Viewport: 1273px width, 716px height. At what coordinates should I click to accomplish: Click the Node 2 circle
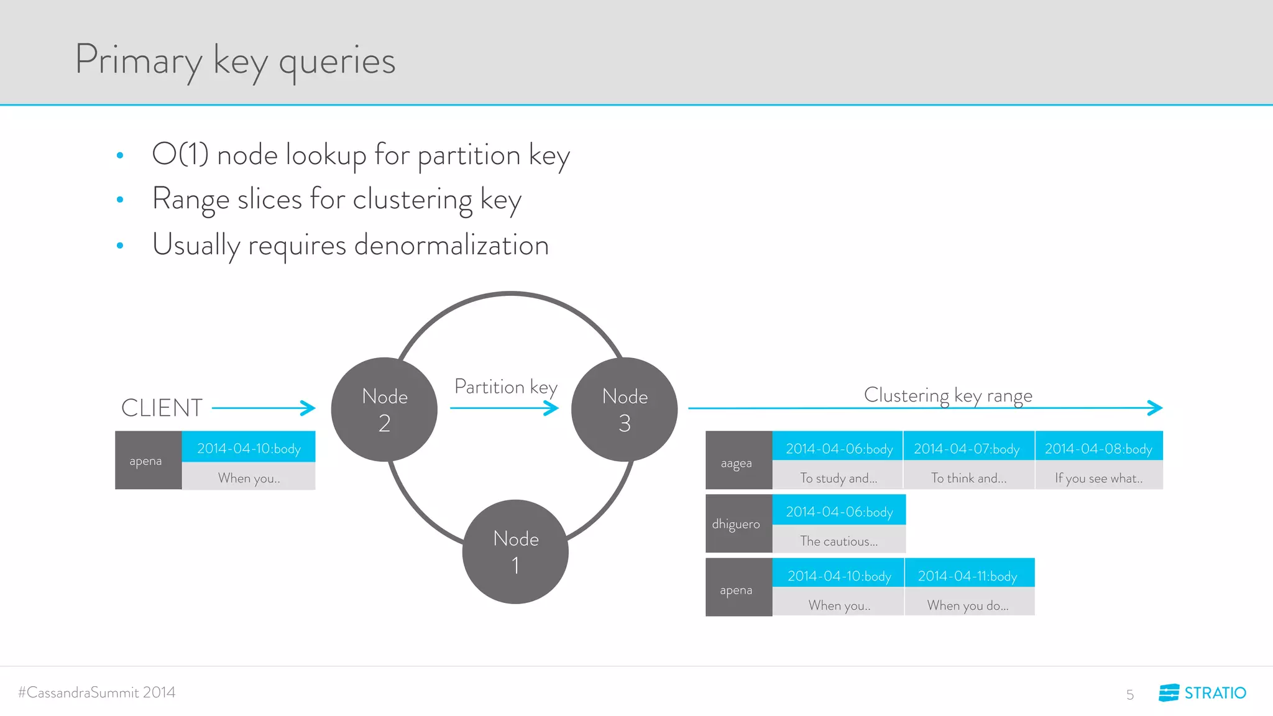pyautogui.click(x=384, y=410)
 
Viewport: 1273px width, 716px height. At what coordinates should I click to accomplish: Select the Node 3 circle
pyautogui.click(x=624, y=410)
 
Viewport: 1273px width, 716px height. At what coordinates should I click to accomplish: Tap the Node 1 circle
pyautogui.click(x=515, y=552)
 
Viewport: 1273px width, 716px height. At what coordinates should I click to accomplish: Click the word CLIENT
pyautogui.click(x=162, y=408)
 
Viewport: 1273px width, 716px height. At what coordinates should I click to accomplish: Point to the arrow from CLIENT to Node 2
pyautogui.click(x=264, y=408)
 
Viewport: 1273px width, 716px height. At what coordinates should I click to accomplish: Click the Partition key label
pyautogui.click(x=505, y=387)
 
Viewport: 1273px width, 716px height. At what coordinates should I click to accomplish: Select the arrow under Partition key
pyautogui.click(x=504, y=408)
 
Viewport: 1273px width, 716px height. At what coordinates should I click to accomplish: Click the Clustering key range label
pyautogui.click(x=948, y=395)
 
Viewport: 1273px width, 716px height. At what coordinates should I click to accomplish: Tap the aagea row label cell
pyautogui.click(x=738, y=461)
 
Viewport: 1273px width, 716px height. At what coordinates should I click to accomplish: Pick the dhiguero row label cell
pyautogui.click(x=738, y=524)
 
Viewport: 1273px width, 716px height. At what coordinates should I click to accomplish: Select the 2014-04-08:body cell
pyautogui.click(x=1098, y=448)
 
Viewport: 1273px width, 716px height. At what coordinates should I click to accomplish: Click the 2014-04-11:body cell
pyautogui.click(x=968, y=576)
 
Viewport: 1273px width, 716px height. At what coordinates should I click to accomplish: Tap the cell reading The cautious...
pyautogui.click(x=839, y=541)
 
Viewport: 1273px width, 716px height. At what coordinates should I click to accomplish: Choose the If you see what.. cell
pyautogui.click(x=1098, y=477)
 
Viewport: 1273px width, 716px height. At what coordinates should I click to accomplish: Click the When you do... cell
pyautogui.click(x=968, y=605)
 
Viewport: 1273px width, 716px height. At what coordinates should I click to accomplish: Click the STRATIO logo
pyautogui.click(x=1202, y=692)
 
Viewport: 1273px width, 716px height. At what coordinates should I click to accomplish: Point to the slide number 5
pyautogui.click(x=1129, y=694)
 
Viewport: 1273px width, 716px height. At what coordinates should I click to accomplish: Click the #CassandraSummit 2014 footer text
pyautogui.click(x=97, y=692)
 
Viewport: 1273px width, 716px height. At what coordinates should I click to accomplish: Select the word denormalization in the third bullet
pyautogui.click(x=451, y=245)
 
